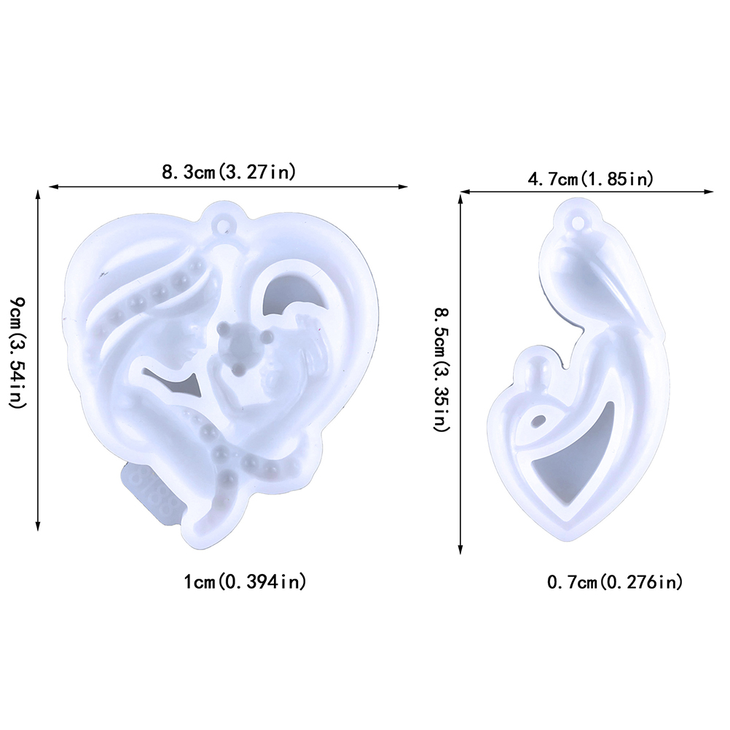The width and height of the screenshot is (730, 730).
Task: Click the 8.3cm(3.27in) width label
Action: pyautogui.click(x=229, y=172)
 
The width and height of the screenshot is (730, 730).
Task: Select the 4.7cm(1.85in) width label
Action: pyautogui.click(x=590, y=178)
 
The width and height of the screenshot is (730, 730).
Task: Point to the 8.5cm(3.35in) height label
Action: pyautogui.click(x=441, y=369)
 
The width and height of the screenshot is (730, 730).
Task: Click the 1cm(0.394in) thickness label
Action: pyautogui.click(x=246, y=581)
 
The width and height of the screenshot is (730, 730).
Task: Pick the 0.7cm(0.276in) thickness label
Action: pyautogui.click(x=615, y=582)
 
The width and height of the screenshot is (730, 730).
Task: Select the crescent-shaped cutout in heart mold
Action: pyautogui.click(x=289, y=291)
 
